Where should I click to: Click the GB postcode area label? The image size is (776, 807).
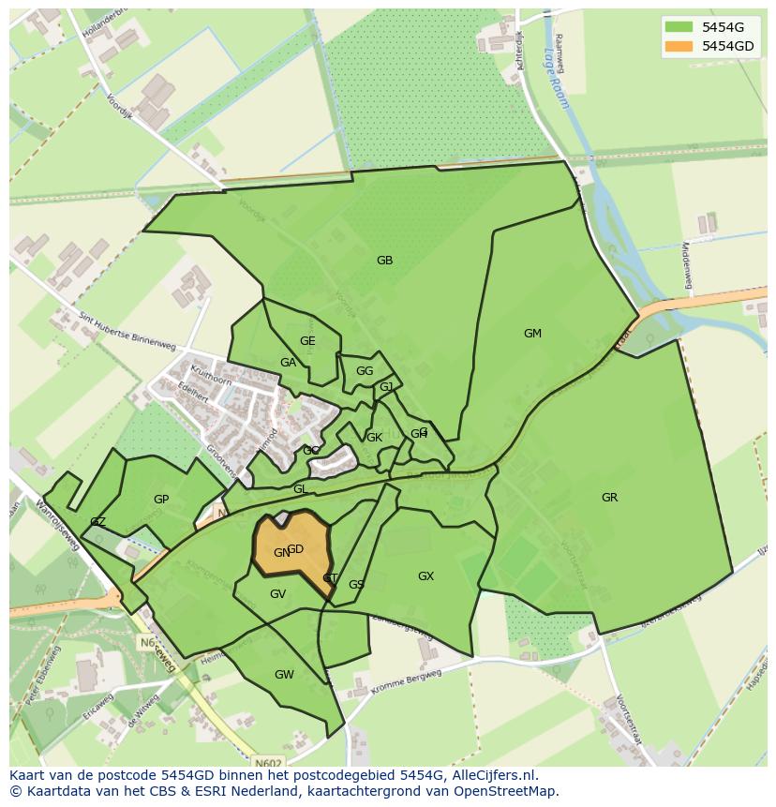pyautogui.click(x=384, y=261)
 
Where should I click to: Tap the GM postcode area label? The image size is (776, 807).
pyautogui.click(x=532, y=334)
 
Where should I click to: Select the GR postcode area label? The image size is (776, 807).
pyautogui.click(x=609, y=498)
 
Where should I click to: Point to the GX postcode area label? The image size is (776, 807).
pyautogui.click(x=425, y=576)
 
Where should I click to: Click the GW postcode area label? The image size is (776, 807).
pyautogui.click(x=284, y=675)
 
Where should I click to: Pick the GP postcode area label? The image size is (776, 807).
pyautogui.click(x=161, y=500)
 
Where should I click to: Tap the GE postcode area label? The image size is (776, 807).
pyautogui.click(x=307, y=341)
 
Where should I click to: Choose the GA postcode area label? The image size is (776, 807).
pyautogui.click(x=288, y=363)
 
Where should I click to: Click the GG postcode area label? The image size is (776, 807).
pyautogui.click(x=365, y=371)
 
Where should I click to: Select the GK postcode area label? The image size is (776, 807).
pyautogui.click(x=374, y=438)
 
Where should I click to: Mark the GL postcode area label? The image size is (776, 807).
pyautogui.click(x=300, y=489)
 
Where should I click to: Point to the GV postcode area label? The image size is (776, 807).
pyautogui.click(x=277, y=594)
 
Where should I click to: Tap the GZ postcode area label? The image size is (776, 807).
pyautogui.click(x=97, y=522)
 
